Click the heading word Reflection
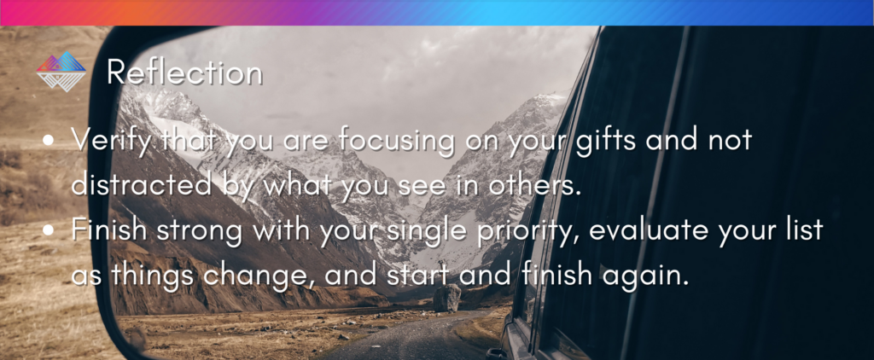pos(184,72)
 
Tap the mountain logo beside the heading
pos(61,72)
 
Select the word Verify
pos(112,141)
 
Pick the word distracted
pos(142,186)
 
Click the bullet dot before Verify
pos(49,141)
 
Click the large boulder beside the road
pos(447,298)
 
